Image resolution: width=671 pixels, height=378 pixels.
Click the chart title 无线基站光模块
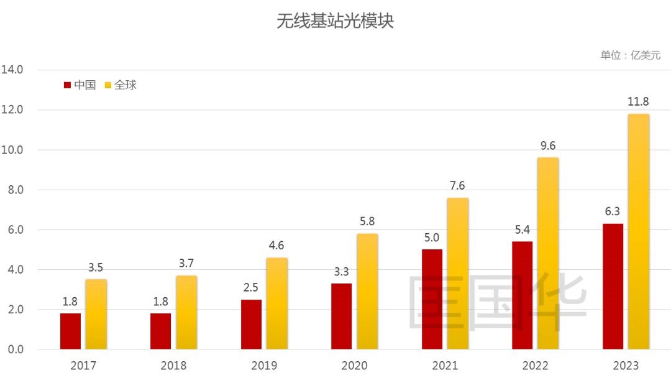click(335, 22)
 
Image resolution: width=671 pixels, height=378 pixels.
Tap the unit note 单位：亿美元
click(630, 55)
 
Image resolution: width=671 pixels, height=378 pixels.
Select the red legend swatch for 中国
click(67, 85)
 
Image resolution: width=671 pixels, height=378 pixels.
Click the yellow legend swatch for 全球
click(107, 85)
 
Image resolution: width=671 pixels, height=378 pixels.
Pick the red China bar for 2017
click(70, 331)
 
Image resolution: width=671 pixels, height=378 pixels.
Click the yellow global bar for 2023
click(638, 231)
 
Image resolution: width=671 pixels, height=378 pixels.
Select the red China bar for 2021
click(432, 299)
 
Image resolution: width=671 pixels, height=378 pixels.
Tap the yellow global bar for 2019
click(277, 303)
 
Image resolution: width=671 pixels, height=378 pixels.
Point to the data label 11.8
click(638, 101)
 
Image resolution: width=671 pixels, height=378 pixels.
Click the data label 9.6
click(548, 145)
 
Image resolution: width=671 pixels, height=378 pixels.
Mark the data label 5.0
click(432, 237)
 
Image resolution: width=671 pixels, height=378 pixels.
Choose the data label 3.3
click(341, 271)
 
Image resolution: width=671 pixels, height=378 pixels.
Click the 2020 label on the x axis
click(354, 366)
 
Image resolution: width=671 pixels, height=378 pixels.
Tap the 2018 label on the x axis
click(173, 366)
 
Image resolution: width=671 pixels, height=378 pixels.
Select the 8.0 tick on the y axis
click(13, 190)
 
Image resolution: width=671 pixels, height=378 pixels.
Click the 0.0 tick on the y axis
click(13, 349)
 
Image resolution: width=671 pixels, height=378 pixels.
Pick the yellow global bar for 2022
click(548, 253)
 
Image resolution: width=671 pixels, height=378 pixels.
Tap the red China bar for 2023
click(613, 286)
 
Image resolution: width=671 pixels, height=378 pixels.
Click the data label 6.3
click(613, 211)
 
